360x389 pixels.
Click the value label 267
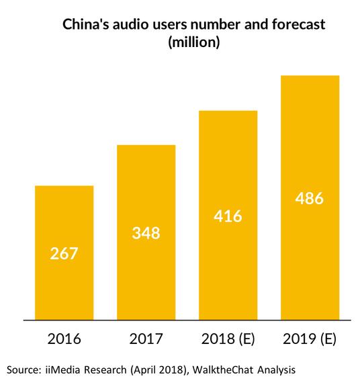64,254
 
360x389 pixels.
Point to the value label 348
146,234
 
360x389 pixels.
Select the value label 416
228,216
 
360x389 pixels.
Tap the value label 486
310,198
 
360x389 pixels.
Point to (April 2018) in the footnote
160,370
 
